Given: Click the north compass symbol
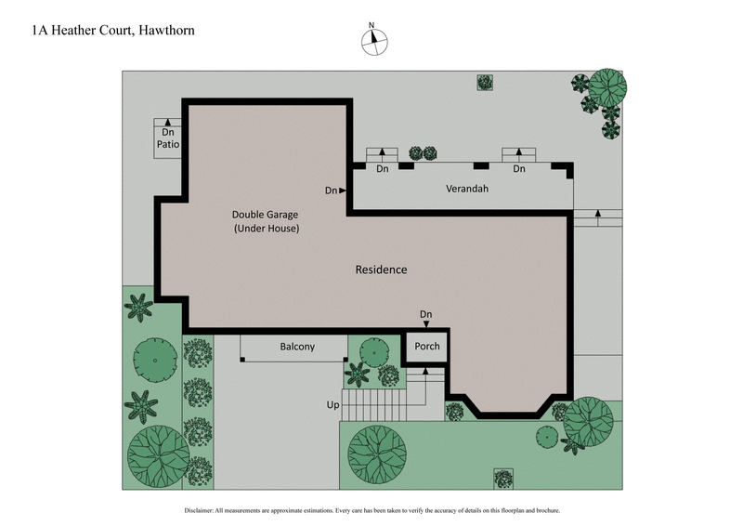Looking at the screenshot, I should tap(374, 39).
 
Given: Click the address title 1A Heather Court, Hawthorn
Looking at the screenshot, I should tap(112, 31).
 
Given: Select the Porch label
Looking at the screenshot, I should tap(426, 347).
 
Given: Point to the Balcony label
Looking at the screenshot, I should tap(297, 347).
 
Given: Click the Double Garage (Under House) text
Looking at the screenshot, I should tap(266, 221).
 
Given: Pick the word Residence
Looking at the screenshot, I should tap(381, 270).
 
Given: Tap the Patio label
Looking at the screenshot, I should tap(168, 145).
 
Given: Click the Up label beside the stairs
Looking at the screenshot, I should tap(332, 405).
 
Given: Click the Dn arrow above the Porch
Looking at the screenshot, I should tap(426, 323).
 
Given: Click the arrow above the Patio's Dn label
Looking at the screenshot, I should tap(168, 122).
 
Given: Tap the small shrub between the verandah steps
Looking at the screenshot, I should tap(424, 153).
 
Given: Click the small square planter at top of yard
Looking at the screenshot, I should tap(485, 83).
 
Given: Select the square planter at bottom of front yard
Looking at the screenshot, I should tap(503, 478).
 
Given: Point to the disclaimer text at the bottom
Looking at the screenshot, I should tap(371, 511).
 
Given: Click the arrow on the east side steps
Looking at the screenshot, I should tap(597, 216).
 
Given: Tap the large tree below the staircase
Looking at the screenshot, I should tap(377, 454).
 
